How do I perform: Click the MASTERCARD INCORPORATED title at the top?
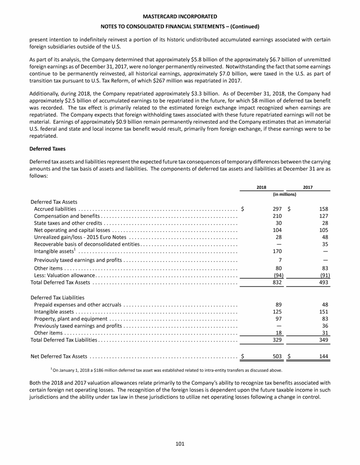coord(180,16)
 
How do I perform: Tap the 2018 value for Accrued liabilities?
coord(277,209)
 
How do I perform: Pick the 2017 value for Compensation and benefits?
coord(322,216)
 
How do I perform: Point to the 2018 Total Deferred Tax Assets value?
coord(277,282)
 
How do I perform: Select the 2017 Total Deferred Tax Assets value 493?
coord(322,282)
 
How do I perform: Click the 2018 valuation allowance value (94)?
coord(276,275)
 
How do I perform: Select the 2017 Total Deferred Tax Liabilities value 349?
coord(322,340)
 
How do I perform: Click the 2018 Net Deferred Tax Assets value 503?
coord(277,356)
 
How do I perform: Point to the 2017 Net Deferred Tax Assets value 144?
coord(322,356)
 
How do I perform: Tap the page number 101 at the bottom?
coord(180,444)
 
